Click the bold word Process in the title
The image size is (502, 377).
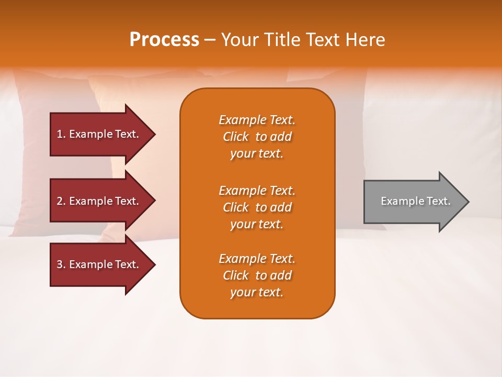coord(164,40)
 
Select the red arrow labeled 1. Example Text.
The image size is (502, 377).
coord(98,134)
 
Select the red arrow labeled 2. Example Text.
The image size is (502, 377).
coord(98,201)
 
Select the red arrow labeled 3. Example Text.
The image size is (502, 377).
coord(98,264)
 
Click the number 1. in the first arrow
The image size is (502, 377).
coord(61,134)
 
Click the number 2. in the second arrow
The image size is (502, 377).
coord(61,201)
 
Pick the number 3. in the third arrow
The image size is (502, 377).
coord(61,264)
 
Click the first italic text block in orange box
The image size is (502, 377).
coord(257,137)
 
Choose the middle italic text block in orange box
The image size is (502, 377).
coord(257,207)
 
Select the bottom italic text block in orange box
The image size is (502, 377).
coord(257,275)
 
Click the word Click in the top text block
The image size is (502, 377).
coord(235,137)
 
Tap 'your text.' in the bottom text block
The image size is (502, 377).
coord(257,293)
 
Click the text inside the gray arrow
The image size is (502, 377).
coord(415,201)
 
